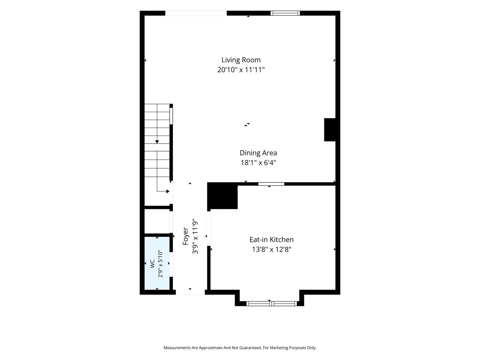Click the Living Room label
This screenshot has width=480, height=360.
pyautogui.click(x=241, y=60)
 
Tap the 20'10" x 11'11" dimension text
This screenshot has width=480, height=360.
pyautogui.click(x=241, y=70)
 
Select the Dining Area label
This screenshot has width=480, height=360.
pyautogui.click(x=258, y=153)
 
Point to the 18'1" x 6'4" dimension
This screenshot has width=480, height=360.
pyautogui.click(x=258, y=163)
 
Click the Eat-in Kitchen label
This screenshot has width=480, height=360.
pyautogui.click(x=271, y=240)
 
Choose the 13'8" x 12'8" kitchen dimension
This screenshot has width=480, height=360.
pyautogui.click(x=271, y=249)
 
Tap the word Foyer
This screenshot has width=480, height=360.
pyautogui.click(x=185, y=236)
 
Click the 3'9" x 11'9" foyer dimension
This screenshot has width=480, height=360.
pyautogui.click(x=195, y=236)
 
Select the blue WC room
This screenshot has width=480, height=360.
pyautogui.click(x=157, y=263)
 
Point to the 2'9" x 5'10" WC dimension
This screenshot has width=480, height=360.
pyautogui.click(x=160, y=264)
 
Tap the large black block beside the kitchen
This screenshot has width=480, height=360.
pyautogui.click(x=222, y=196)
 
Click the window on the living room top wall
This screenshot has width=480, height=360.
pyautogui.click(x=285, y=13)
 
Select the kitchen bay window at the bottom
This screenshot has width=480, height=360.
pyautogui.click(x=271, y=303)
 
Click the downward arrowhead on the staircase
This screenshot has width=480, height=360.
pyautogui.click(x=157, y=142)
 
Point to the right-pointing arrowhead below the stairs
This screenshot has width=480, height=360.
pyautogui.click(x=168, y=192)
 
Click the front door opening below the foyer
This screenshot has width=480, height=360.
pyautogui.click(x=190, y=292)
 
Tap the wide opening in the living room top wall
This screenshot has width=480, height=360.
pyautogui.click(x=196, y=13)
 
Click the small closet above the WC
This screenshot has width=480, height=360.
pyautogui.click(x=157, y=221)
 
